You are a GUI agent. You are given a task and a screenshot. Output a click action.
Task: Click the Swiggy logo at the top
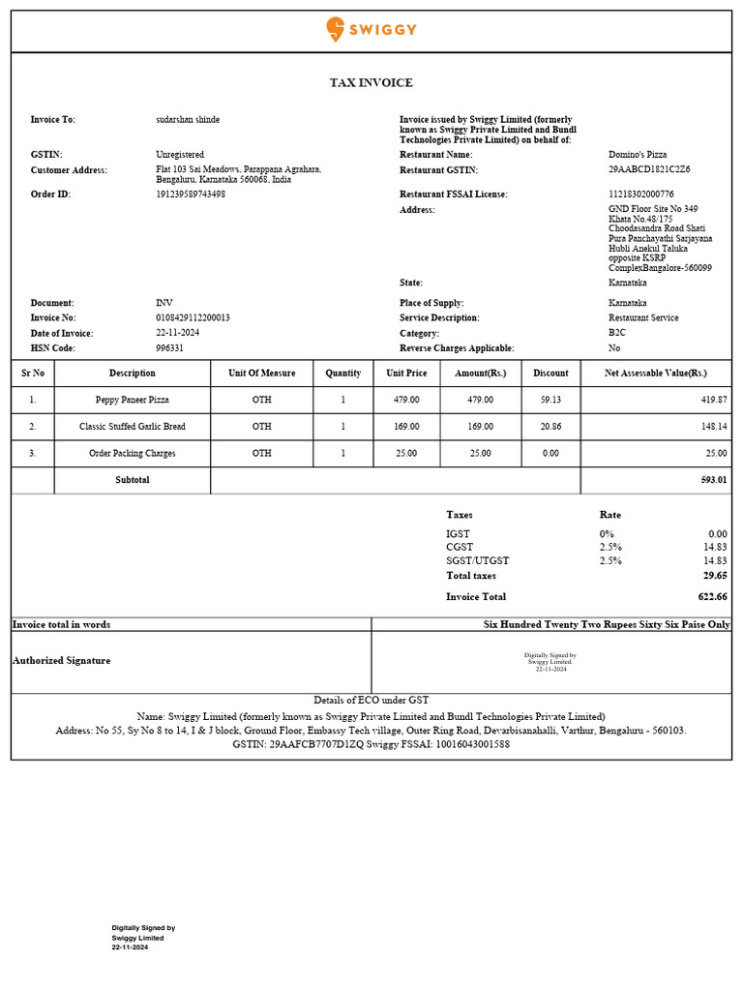pyautogui.click(x=371, y=29)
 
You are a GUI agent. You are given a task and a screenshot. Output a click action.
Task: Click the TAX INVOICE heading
pyautogui.click(x=371, y=83)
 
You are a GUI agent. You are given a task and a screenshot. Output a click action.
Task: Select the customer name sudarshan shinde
pyautogui.click(x=188, y=120)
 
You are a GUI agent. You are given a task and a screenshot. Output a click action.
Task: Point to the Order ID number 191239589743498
pyautogui.click(x=191, y=195)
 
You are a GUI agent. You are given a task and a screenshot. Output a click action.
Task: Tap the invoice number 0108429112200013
pyautogui.click(x=193, y=317)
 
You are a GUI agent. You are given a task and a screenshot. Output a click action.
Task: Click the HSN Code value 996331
pyautogui.click(x=169, y=348)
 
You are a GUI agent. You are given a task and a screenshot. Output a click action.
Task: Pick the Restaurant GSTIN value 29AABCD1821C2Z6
pyautogui.click(x=649, y=169)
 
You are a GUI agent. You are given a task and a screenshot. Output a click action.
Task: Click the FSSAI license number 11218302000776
pyautogui.click(x=641, y=195)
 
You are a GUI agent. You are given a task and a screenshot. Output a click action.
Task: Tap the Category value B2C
pyautogui.click(x=616, y=333)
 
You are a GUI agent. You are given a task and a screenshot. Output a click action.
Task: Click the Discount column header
pyautogui.click(x=550, y=374)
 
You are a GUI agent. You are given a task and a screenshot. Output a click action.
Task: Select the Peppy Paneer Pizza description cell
pyautogui.click(x=132, y=400)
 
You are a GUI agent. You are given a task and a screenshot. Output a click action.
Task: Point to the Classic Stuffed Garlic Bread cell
pyautogui.click(x=132, y=427)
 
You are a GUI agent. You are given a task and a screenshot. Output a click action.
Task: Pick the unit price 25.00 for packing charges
pyautogui.click(x=406, y=454)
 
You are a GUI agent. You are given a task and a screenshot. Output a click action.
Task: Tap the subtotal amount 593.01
pyautogui.click(x=714, y=480)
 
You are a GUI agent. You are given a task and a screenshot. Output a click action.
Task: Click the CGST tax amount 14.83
pyautogui.click(x=716, y=548)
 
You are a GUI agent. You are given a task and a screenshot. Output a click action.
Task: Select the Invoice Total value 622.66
pyautogui.click(x=712, y=597)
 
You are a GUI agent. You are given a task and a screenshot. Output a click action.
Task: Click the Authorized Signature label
pyautogui.click(x=61, y=661)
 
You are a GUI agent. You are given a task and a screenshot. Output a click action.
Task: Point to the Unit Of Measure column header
pyautogui.click(x=262, y=374)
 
